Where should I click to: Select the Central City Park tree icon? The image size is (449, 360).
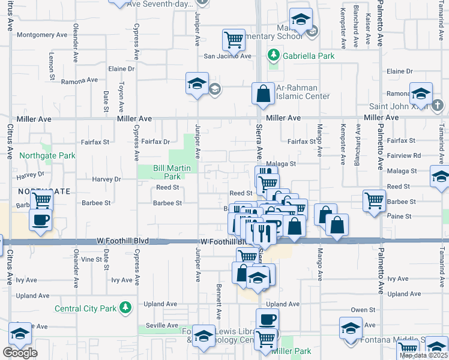[125, 308]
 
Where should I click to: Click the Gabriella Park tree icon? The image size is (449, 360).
[274, 56]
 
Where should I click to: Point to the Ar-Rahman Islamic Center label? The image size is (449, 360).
[303, 92]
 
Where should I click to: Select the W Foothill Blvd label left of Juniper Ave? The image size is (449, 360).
[122, 241]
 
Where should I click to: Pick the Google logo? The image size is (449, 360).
[20, 353]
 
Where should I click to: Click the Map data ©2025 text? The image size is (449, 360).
[423, 355]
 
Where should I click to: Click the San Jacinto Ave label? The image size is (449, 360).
[228, 56]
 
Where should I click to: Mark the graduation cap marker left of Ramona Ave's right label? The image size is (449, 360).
[421, 93]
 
